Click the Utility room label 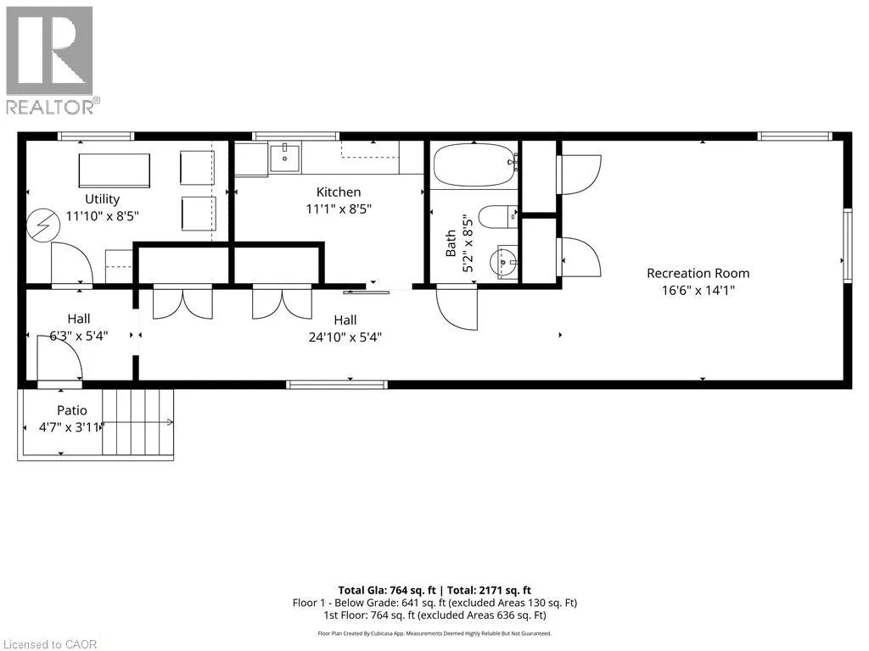[x=102, y=198]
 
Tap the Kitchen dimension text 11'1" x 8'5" [x=339, y=209]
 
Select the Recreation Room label [x=698, y=273]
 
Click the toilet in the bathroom [x=497, y=217]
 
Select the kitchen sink [x=285, y=158]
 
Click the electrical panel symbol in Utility [x=43, y=225]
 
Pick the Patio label [x=72, y=410]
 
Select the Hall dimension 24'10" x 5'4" [x=345, y=337]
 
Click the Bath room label [x=451, y=243]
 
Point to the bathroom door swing [x=457, y=309]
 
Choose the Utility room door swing [x=72, y=264]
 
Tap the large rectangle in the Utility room [x=115, y=170]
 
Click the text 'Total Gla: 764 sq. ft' [x=387, y=590]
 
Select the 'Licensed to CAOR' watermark [x=50, y=644]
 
